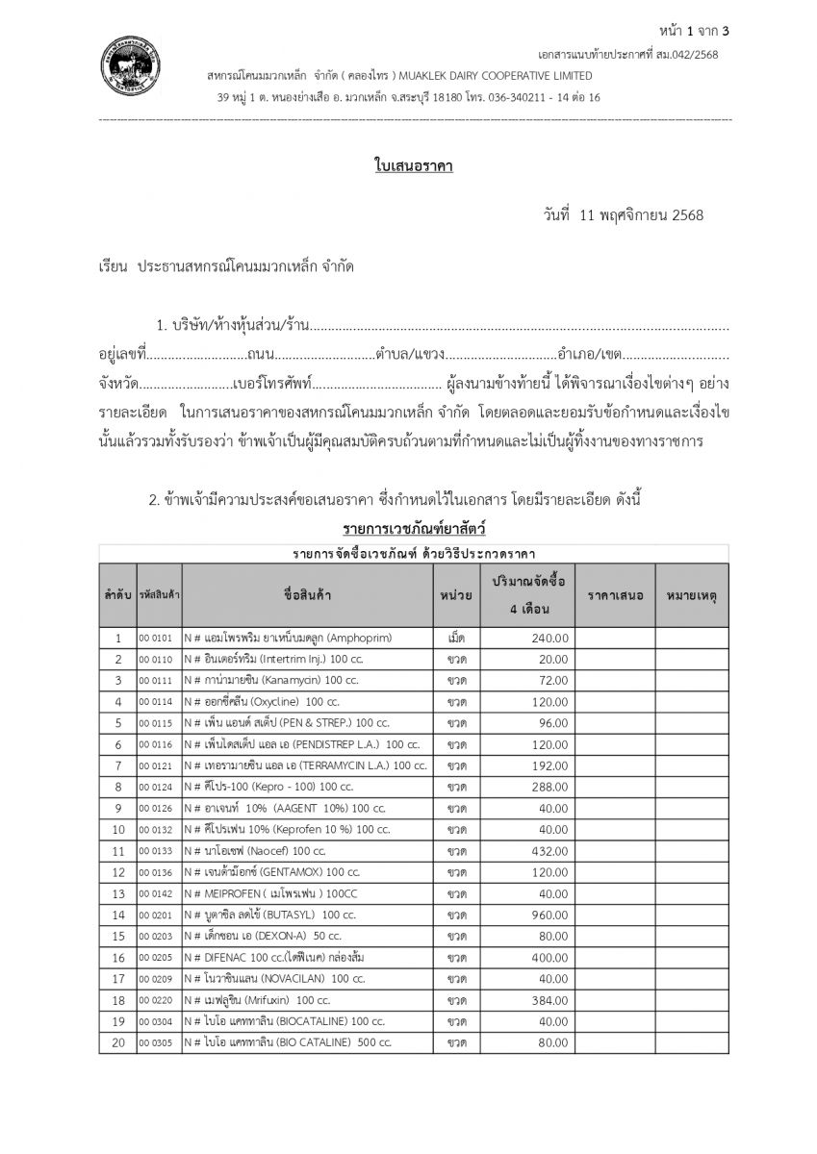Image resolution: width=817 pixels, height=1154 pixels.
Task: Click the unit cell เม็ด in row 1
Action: [457, 638]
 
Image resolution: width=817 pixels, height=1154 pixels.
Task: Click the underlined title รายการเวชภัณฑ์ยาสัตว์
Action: [414, 529]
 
